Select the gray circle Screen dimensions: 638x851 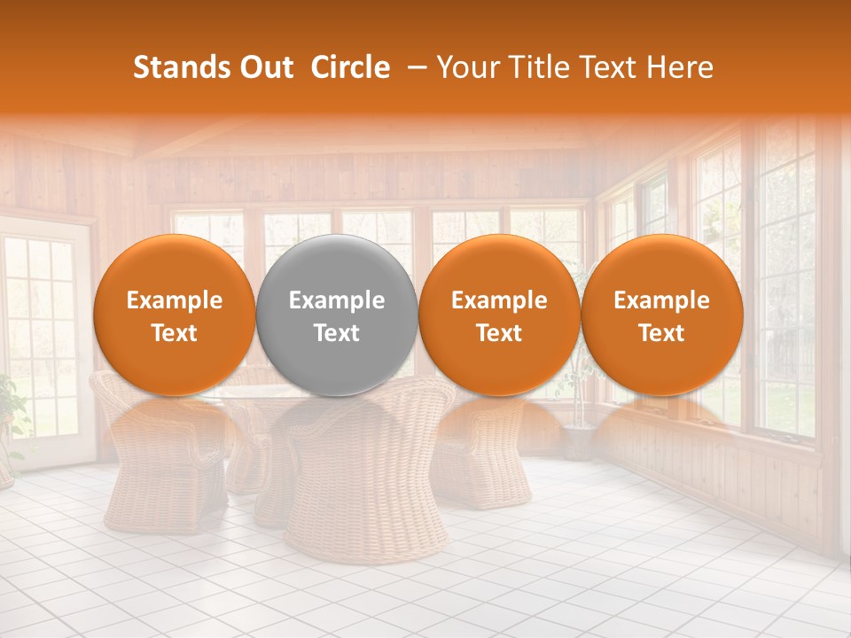point(337,315)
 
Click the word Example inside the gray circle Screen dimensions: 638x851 point(337,300)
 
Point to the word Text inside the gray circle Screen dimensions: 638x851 point(337,333)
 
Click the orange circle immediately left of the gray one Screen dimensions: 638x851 point(174,315)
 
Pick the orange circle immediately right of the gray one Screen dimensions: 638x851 point(499,315)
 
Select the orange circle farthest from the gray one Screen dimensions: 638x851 point(661,315)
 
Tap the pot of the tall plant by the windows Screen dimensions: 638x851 point(577,441)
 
